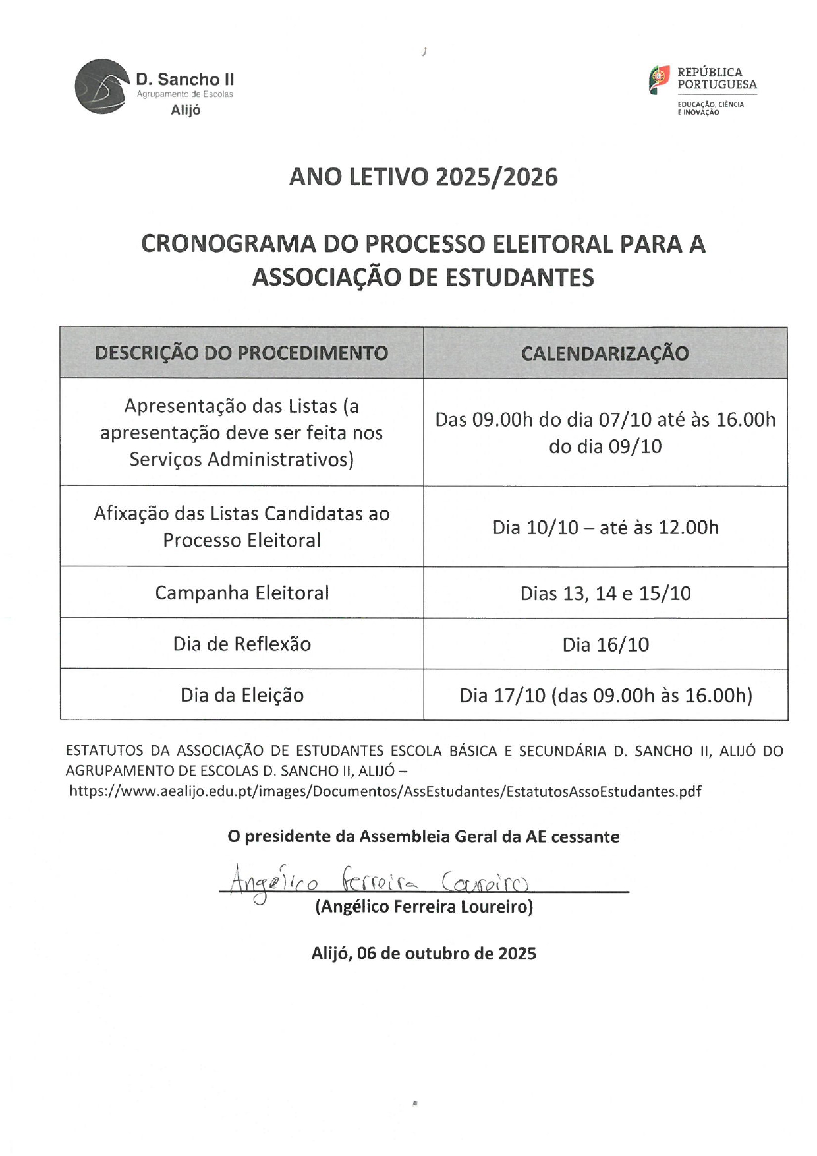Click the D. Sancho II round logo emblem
point(101,86)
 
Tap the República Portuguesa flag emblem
point(659,80)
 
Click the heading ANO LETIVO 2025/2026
point(423,177)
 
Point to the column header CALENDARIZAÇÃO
point(605,353)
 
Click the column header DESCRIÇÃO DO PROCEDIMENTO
point(241,353)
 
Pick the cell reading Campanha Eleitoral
point(242,593)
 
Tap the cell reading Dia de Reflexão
point(242,644)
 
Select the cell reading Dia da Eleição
point(242,695)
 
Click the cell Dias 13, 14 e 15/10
point(606,593)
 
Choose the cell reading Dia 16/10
point(606,644)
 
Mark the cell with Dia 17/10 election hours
point(606,695)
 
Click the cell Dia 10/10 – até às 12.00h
point(606,528)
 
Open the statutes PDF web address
point(385,791)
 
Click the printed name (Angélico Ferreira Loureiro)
point(424,907)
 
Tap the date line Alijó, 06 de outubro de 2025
point(424,954)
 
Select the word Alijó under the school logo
point(185,110)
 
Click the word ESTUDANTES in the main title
point(520,278)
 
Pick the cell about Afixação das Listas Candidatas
point(242,527)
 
